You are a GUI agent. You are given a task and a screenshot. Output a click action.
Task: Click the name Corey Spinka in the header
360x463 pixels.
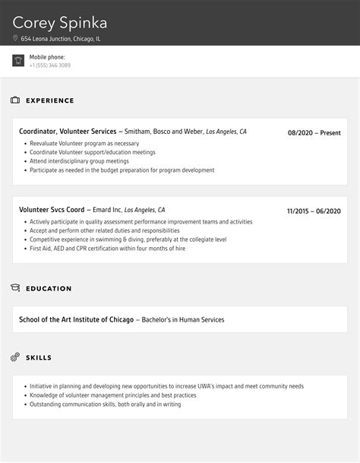pos(60,21)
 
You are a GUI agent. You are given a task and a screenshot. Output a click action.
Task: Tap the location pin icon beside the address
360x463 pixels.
pos(16,38)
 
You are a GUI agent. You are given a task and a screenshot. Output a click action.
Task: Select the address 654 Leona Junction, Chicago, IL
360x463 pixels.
pos(61,38)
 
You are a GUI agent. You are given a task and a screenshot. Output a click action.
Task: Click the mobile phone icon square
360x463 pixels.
pos(18,61)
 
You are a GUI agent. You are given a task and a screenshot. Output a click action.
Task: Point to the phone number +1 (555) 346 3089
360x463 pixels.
pos(50,65)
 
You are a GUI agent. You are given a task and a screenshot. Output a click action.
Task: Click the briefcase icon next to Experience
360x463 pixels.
pos(15,100)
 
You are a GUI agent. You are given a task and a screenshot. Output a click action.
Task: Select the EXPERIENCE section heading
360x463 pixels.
pos(50,100)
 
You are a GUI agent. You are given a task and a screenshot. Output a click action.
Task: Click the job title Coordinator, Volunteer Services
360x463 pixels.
pos(68,132)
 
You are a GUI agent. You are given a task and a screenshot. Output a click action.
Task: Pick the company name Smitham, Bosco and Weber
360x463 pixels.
pos(162,132)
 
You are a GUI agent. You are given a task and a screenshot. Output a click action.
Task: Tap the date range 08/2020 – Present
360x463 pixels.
pos(314,133)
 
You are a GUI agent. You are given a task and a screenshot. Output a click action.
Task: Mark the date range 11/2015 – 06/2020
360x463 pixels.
pos(314,211)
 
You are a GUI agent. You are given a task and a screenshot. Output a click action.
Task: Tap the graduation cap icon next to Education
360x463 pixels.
pos(15,288)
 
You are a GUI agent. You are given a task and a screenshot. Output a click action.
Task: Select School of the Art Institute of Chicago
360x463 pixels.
pos(76,319)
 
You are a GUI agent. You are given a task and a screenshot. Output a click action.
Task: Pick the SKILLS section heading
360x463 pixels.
pos(39,357)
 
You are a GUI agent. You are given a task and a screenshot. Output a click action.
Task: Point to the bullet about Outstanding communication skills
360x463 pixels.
pos(106,404)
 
